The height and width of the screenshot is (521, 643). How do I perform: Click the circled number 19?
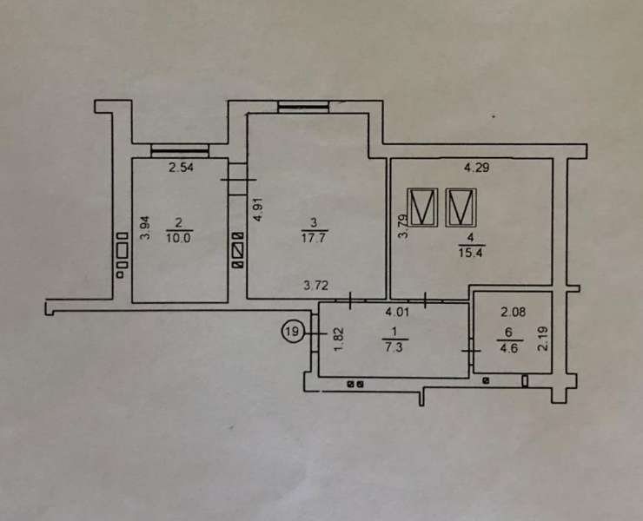[x=292, y=331]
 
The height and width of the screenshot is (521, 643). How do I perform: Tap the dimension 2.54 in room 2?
[x=181, y=168]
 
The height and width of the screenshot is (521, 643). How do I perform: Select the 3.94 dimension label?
[x=146, y=228]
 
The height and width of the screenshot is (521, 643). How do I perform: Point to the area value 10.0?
[x=179, y=238]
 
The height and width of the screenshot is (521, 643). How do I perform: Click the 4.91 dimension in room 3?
[x=257, y=209]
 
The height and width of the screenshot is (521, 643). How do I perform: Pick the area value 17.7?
[x=315, y=237]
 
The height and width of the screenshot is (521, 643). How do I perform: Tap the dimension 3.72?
[x=315, y=285]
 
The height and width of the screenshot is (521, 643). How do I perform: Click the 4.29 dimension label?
[x=476, y=168]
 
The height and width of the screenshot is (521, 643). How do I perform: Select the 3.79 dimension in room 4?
[x=403, y=227]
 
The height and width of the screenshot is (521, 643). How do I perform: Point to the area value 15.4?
[x=471, y=253]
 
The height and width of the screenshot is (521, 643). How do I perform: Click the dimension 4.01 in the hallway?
[x=397, y=313]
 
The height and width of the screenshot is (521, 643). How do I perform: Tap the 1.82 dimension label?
[x=338, y=340]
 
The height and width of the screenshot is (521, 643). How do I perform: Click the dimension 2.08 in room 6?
[x=514, y=313]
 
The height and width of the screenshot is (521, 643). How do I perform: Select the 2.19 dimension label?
[x=542, y=339]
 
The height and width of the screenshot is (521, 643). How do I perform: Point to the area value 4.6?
[x=509, y=349]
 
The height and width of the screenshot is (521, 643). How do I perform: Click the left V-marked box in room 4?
[x=423, y=208]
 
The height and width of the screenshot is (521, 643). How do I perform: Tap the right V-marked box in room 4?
[x=461, y=208]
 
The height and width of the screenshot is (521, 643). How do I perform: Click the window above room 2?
[x=180, y=151]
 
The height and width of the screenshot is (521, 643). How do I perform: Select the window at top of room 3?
[x=303, y=107]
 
